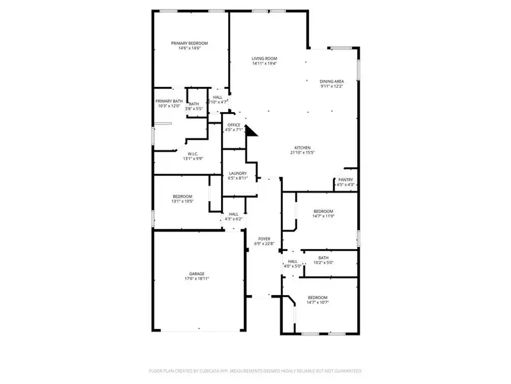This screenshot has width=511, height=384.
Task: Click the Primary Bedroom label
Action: click(x=189, y=44)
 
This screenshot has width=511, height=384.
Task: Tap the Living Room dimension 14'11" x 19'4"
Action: click(x=264, y=64)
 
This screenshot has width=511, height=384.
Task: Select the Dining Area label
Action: click(x=332, y=81)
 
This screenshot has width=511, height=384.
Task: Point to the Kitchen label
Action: click(x=303, y=147)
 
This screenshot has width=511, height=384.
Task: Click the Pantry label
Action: click(x=346, y=180)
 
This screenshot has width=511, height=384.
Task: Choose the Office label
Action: click(x=234, y=125)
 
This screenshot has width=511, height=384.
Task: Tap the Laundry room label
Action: click(x=238, y=173)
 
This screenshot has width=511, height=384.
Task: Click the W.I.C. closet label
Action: click(x=192, y=154)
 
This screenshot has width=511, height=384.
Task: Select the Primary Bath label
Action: click(x=169, y=101)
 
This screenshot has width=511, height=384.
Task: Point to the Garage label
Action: click(x=197, y=274)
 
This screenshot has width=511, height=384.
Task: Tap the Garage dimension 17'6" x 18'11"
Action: click(x=197, y=279)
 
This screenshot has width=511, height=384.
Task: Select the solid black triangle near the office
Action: click(x=250, y=132)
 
